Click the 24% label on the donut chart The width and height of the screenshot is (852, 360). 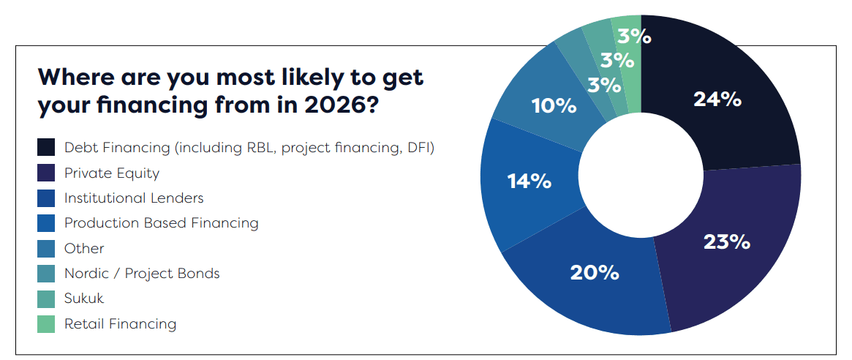(717, 100)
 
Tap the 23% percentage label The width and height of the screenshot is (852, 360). (726, 241)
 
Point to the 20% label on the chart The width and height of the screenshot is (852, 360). (595, 273)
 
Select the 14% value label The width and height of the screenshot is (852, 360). (529, 181)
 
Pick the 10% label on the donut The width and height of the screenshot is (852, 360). (554, 106)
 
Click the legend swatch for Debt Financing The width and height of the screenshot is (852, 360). (46, 147)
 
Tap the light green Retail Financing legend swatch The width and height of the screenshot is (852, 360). (46, 324)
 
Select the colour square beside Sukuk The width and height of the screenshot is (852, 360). (46, 299)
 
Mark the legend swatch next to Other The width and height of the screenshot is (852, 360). (46, 249)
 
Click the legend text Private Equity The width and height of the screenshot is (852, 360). (112, 173)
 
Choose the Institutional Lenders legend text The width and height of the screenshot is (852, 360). (134, 198)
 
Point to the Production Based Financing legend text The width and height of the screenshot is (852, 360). (162, 223)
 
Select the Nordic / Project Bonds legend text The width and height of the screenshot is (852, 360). (142, 273)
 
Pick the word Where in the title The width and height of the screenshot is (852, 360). (71, 77)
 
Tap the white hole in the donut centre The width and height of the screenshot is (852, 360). (641, 175)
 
